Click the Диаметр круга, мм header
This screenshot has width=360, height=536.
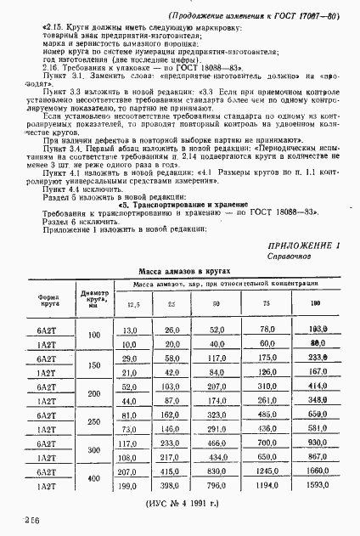[93, 297]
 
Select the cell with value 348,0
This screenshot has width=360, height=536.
[319, 399]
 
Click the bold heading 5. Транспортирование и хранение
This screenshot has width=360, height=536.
[183, 206]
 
